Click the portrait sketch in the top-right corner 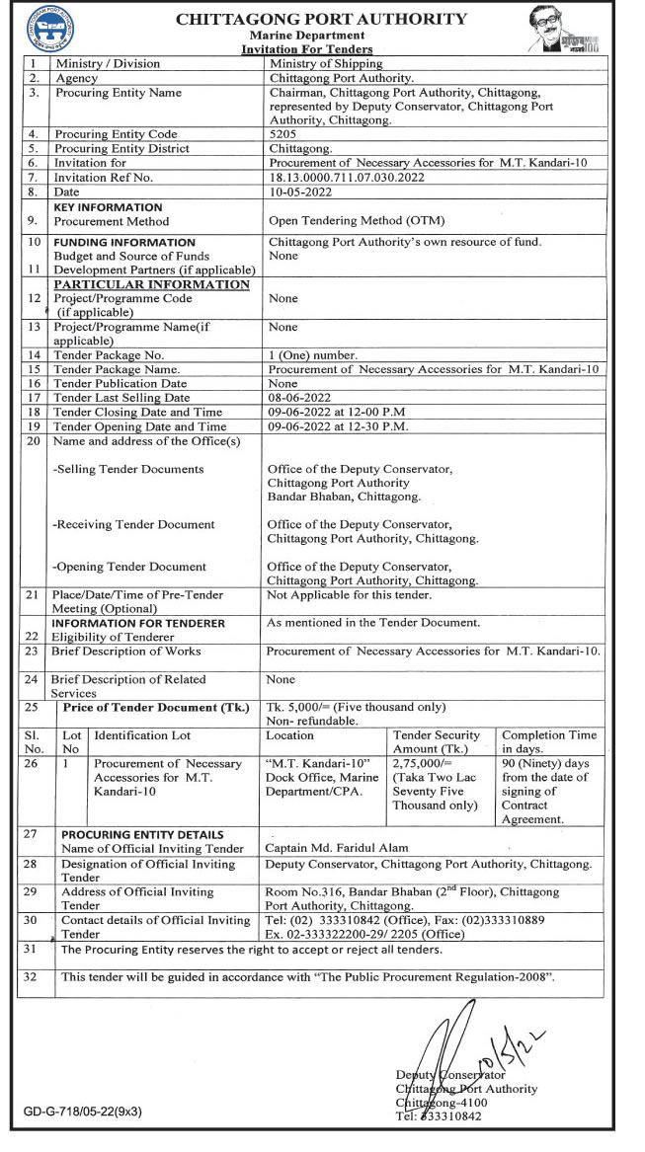coord(564,31)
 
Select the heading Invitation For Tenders coord(307,49)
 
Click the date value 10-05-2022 coord(299,191)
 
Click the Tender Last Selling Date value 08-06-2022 coord(300,398)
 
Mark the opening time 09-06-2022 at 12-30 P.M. coord(338,426)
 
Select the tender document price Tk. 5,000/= coord(357,707)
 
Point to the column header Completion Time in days coord(549,741)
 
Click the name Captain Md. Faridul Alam coord(337,848)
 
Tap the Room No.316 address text coord(412,891)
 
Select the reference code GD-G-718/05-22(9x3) coord(83,1112)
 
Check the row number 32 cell coord(32,977)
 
